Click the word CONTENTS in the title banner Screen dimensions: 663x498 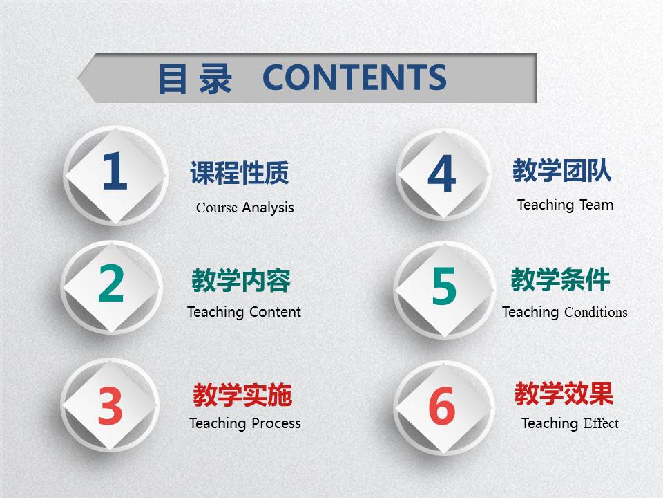tap(354, 77)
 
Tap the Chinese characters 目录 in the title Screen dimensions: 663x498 tap(195, 78)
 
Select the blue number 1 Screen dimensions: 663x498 tap(115, 171)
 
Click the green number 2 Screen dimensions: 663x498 tap(110, 284)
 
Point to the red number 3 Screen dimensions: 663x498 tap(110, 405)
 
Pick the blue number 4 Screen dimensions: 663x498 tap(442, 173)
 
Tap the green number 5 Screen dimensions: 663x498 tap(444, 286)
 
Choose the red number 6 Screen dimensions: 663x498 tap(442, 405)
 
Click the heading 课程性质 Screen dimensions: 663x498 tap(240, 173)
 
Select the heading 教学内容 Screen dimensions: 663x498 tap(241, 280)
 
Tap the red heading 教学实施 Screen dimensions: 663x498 tap(242, 395)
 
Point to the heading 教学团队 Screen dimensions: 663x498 tap(562, 171)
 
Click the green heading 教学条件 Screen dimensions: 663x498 tap(560, 279)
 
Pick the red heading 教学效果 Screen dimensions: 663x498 tap(564, 394)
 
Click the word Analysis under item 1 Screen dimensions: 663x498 tap(268, 208)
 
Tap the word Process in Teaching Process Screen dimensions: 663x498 tap(276, 423)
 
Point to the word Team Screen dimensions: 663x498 tap(597, 205)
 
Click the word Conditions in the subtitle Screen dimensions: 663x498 tap(596, 312)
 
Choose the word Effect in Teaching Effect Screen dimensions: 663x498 tap(601, 423)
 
